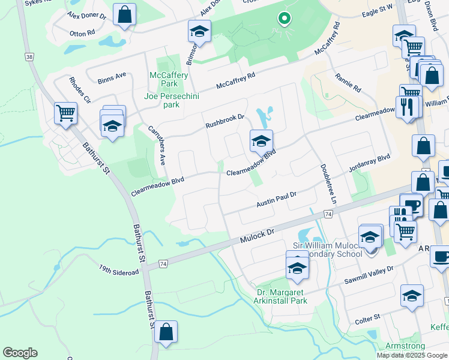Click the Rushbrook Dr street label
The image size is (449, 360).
point(225,121)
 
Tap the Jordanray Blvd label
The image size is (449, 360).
point(369,162)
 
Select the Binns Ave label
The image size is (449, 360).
point(112,76)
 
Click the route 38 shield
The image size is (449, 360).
point(29,56)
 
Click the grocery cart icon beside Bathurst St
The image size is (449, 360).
point(65,112)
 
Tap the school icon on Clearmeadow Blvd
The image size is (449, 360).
point(261,141)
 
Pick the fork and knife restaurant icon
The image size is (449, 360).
point(407,107)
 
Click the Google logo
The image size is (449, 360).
point(20,353)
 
